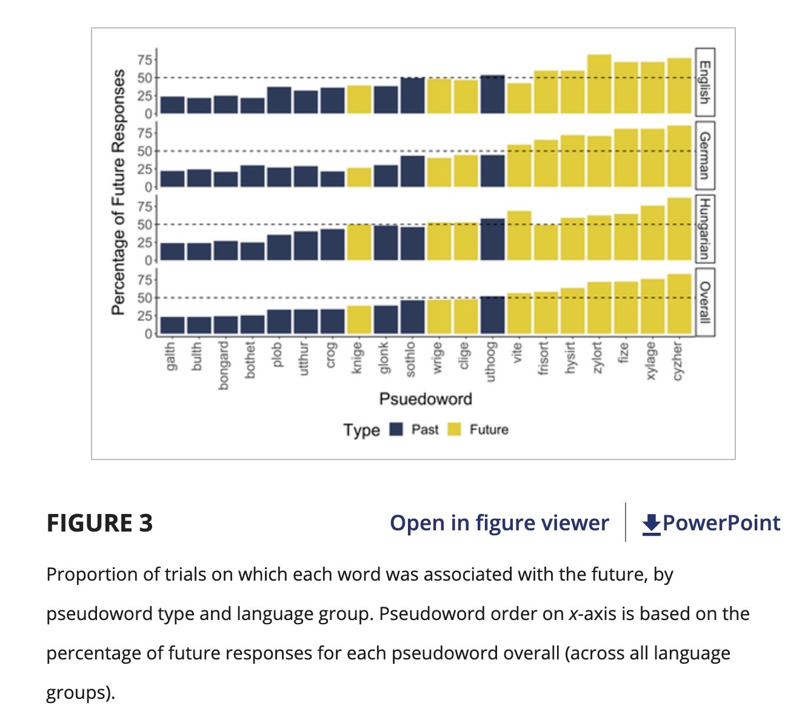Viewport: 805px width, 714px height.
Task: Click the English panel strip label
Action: (704, 82)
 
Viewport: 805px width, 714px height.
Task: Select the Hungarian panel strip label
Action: (704, 228)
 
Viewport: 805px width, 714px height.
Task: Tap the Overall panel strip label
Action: (704, 302)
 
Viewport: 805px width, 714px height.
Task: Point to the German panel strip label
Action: (704, 155)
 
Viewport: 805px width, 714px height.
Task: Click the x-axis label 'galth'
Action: (171, 356)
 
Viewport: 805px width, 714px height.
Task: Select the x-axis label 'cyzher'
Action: (679, 360)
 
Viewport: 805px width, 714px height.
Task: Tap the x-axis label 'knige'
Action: (358, 358)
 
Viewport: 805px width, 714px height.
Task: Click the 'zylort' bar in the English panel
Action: (599, 84)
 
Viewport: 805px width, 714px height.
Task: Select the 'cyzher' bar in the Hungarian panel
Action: (679, 229)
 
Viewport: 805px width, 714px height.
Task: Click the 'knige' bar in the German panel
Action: (359, 178)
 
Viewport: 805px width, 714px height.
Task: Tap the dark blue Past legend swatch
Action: (396, 429)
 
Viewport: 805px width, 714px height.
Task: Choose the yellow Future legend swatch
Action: (454, 429)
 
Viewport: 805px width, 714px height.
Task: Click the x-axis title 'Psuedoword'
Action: (426, 399)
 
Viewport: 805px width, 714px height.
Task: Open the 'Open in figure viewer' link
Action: (499, 522)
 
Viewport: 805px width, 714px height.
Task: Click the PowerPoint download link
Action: (712, 522)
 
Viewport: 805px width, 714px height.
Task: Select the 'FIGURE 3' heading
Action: (100, 523)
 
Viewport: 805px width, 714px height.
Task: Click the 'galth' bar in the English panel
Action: (173, 105)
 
